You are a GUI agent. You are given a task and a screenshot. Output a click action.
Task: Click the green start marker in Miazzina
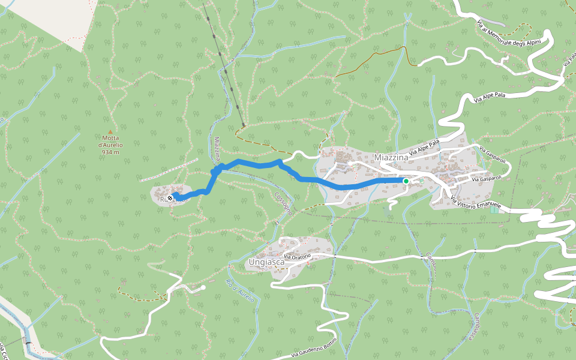coord(406,181)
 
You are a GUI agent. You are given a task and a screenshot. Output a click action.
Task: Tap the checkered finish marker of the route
coord(170,197)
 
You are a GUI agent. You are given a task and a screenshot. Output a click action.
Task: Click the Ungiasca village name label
coord(265,262)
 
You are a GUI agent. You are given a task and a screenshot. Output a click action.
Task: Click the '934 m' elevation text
coord(110,152)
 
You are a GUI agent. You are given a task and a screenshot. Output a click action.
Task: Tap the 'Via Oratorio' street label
coord(298,257)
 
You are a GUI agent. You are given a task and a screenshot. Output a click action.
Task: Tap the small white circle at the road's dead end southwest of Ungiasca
coord(203,288)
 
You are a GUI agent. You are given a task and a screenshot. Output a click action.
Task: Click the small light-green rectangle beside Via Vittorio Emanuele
coord(494,209)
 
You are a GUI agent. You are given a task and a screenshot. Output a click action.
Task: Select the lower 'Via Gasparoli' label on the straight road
coord(485,179)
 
